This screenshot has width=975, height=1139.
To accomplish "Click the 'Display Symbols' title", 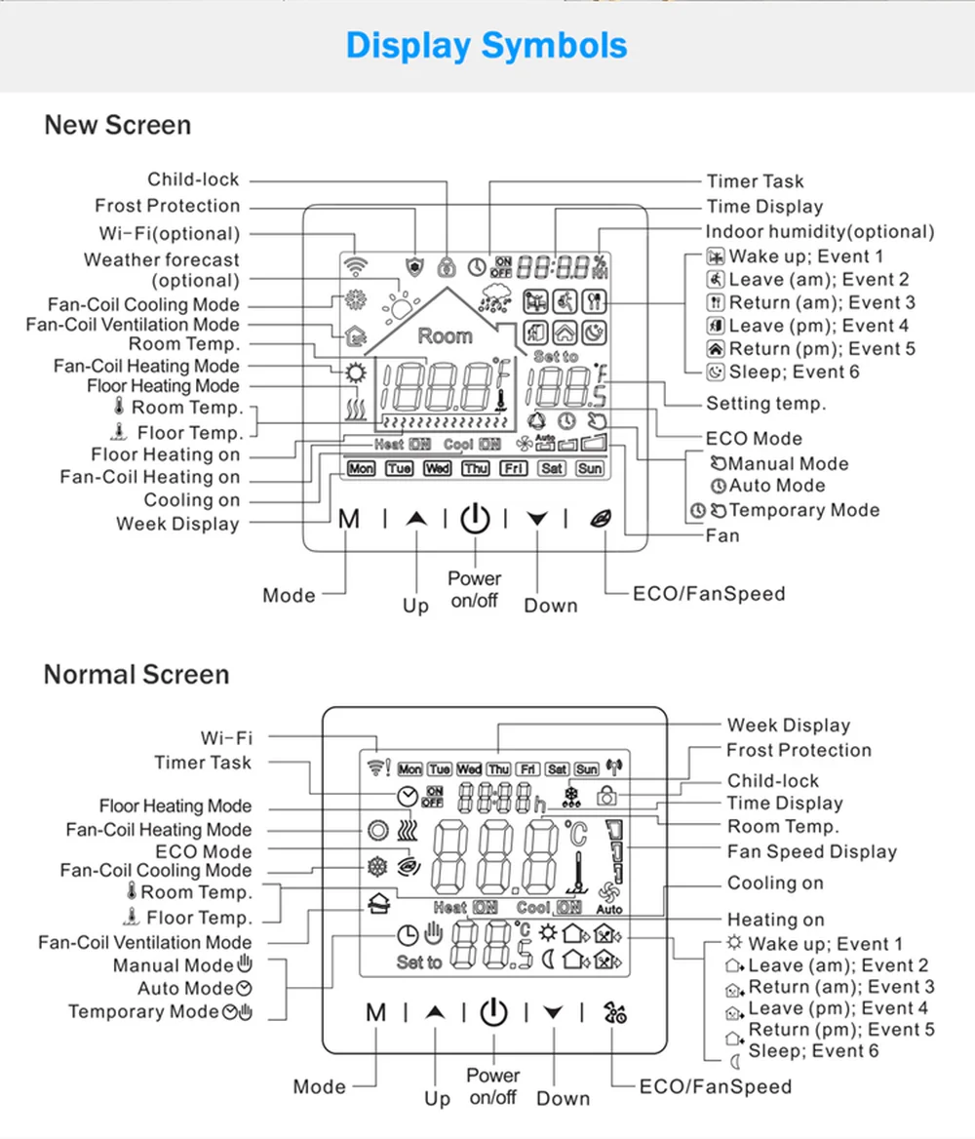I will pos(487,46).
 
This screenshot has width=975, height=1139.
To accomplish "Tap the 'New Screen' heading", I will pos(117,125).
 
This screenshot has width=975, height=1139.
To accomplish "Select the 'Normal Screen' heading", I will pos(136,675).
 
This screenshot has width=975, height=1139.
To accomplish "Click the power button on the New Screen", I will pos(475,519).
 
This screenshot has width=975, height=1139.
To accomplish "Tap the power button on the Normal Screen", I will pos(494,1012).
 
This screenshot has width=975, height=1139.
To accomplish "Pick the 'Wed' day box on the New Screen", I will pos(438,469).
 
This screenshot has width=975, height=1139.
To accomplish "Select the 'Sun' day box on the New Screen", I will pos(590,469).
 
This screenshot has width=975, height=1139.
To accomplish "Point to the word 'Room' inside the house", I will pos(445,336).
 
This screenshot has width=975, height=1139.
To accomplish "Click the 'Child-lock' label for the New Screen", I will pos(193,179).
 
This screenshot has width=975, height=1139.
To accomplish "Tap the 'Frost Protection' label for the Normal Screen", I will pos(799,750).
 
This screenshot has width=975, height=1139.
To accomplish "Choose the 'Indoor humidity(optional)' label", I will pos(820,232).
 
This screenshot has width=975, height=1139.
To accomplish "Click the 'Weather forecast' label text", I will pos(161,260).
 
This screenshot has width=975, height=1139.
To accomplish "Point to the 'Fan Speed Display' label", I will pos(811,851).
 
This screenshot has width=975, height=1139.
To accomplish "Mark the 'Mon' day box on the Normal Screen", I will pos(410,770).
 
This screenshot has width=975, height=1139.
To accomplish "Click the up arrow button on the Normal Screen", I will pos(435,1013).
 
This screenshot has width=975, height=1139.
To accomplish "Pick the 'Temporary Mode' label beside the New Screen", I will pos(803,510).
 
